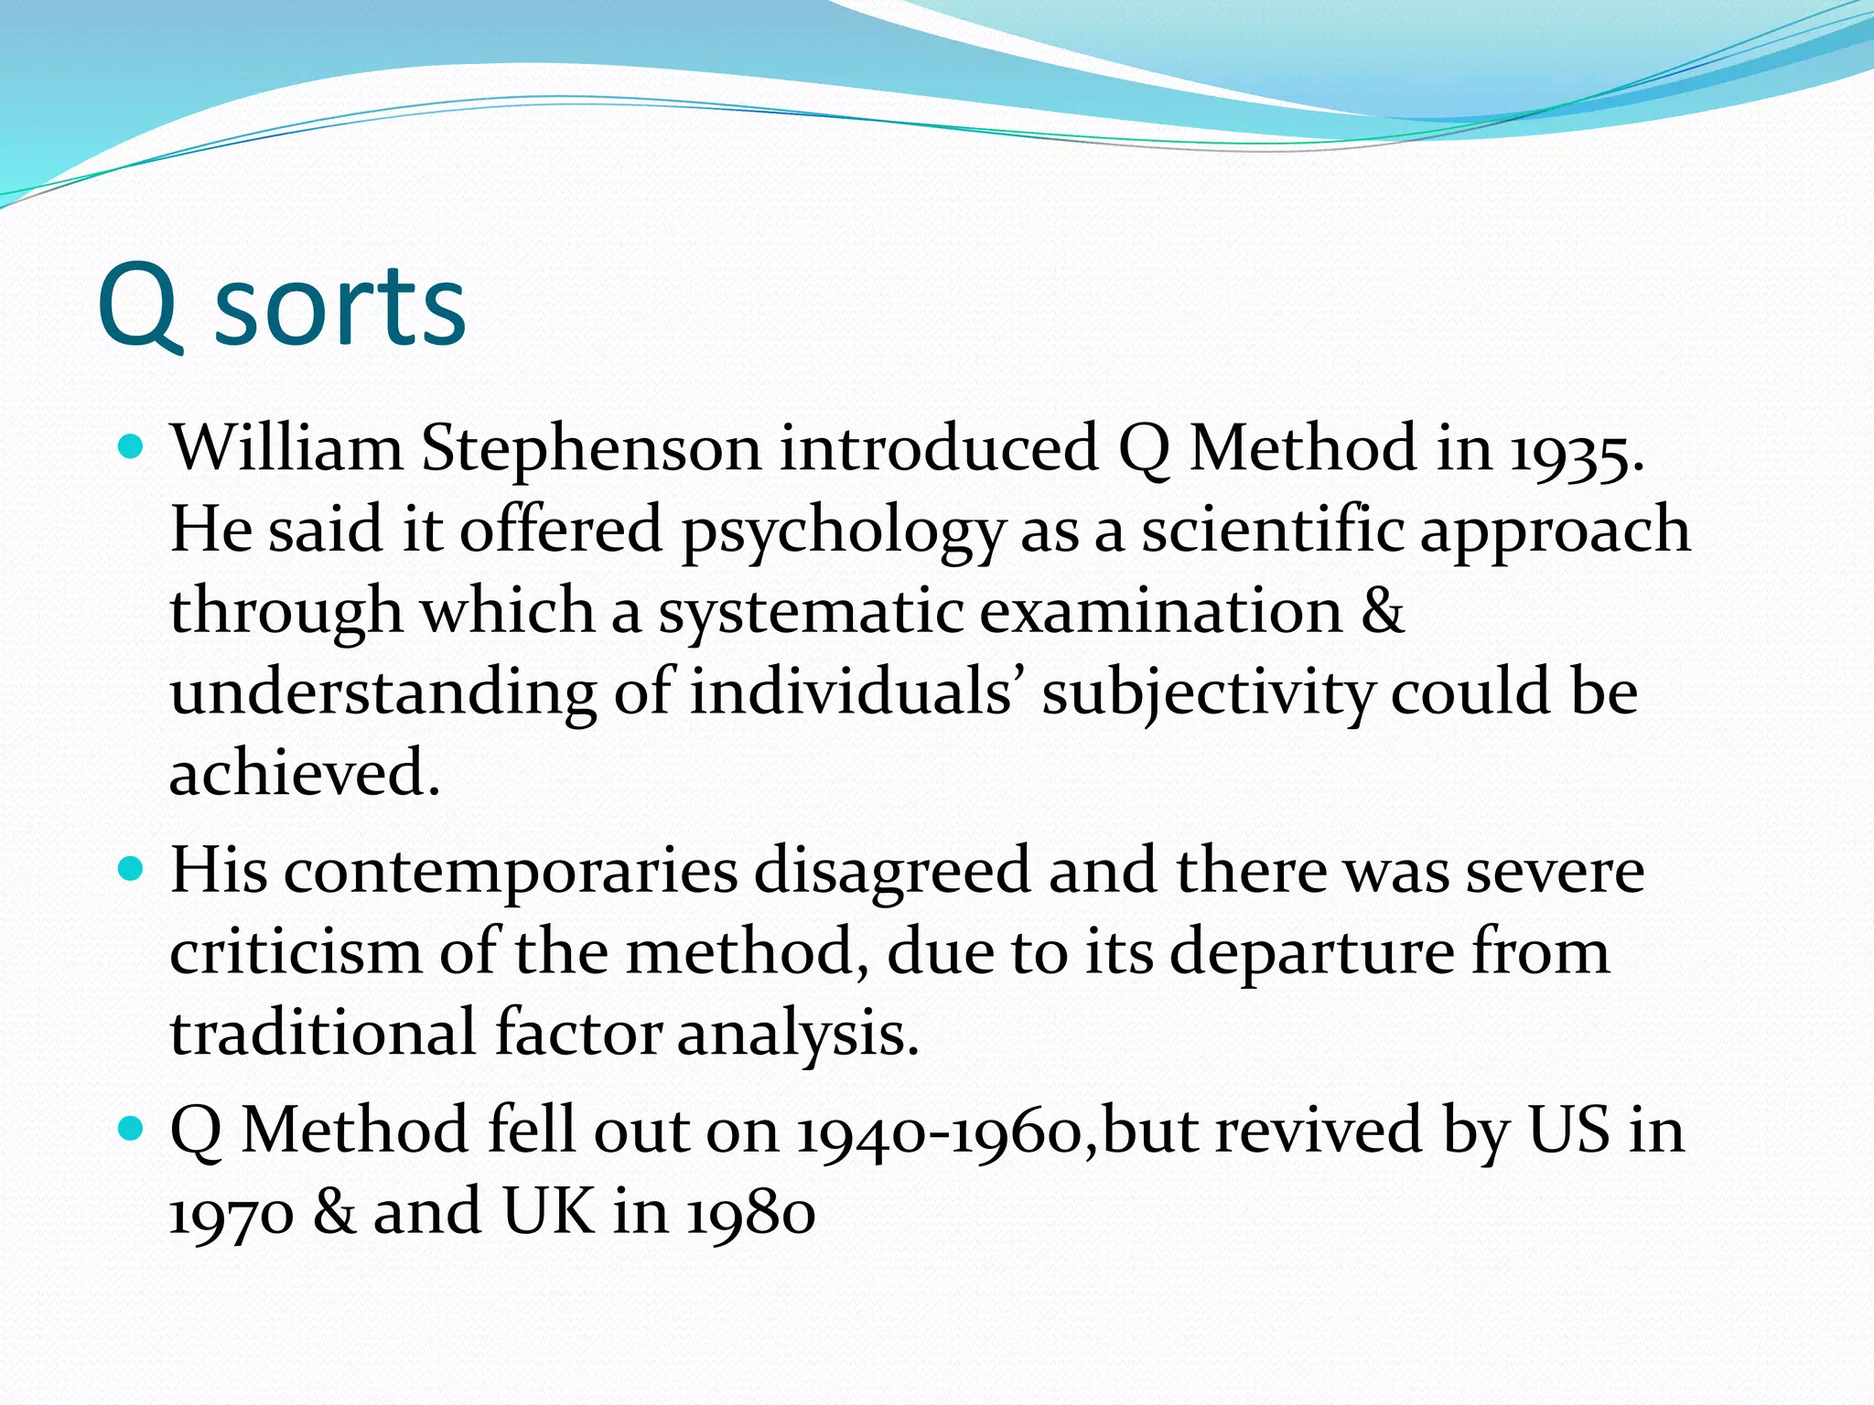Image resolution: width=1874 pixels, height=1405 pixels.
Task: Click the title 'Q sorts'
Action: (282, 306)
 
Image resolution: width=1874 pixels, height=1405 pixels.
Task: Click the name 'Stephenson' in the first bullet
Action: (590, 449)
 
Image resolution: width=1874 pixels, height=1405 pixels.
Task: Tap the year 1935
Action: (1575, 451)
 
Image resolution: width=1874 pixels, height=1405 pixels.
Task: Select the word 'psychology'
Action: (842, 532)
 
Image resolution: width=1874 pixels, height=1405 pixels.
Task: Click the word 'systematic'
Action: (810, 613)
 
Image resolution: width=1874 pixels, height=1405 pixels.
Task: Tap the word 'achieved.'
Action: (305, 773)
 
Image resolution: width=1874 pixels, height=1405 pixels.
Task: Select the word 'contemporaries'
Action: (511, 872)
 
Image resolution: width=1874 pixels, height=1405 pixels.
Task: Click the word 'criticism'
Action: (296, 952)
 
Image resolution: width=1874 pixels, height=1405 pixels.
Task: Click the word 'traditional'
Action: (323, 1034)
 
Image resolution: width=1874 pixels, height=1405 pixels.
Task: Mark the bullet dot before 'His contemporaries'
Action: (133, 868)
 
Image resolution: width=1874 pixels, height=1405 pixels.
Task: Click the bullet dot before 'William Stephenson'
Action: (133, 447)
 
